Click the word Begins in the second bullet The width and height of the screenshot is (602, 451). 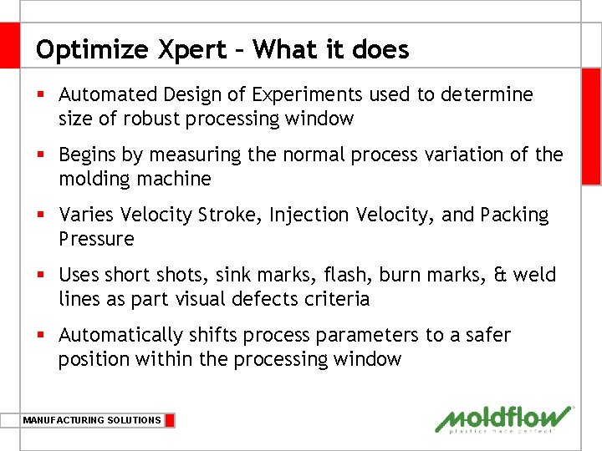coord(88,155)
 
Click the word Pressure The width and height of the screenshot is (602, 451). coord(96,239)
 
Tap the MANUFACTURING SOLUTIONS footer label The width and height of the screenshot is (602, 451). coord(92,420)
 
